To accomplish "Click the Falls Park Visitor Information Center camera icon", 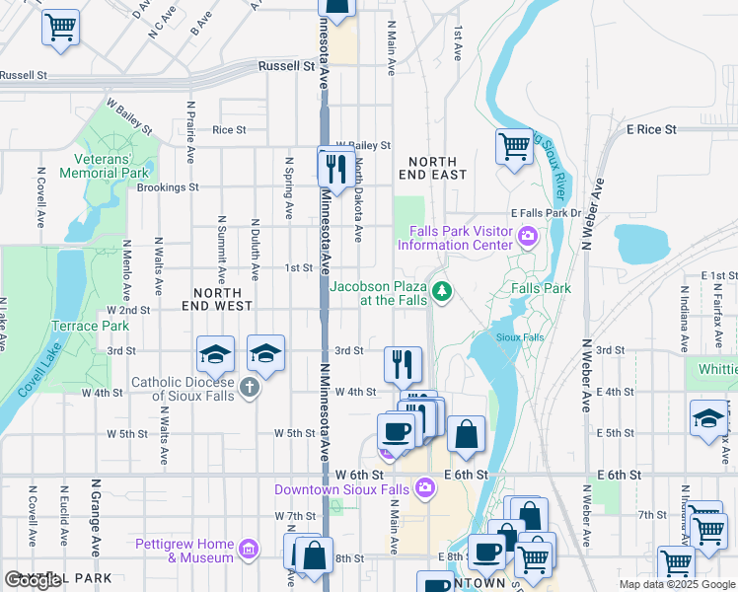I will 528,235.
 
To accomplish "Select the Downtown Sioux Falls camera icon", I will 425,486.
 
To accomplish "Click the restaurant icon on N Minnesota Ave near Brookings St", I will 336,168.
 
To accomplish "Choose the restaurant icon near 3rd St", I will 403,364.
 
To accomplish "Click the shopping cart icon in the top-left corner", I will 60,27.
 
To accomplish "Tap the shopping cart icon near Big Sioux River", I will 514,148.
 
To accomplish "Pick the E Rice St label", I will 651,129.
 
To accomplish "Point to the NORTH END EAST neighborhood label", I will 432,168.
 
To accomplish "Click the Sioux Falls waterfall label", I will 520,336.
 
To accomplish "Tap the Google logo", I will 33,580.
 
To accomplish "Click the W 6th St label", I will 358,475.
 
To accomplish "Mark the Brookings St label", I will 168,186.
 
